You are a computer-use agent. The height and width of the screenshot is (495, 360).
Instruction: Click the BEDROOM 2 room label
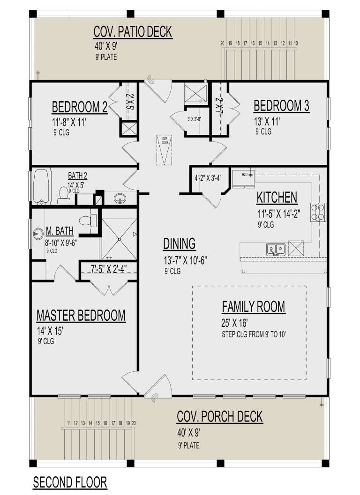click(x=79, y=107)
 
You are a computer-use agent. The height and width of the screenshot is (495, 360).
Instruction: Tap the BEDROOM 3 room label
click(x=281, y=106)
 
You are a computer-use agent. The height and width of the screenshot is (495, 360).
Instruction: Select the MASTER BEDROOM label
click(x=81, y=315)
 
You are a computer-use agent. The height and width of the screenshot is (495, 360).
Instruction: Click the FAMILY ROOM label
click(x=253, y=307)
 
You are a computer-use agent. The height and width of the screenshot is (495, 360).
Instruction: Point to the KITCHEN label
click(x=277, y=198)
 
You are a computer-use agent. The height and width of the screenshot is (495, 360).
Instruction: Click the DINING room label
click(x=179, y=244)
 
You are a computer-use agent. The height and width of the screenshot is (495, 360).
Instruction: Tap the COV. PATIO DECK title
click(x=133, y=32)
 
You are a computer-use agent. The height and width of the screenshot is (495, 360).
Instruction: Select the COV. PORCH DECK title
click(x=219, y=416)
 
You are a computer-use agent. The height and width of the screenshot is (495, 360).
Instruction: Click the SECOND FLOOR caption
click(x=70, y=482)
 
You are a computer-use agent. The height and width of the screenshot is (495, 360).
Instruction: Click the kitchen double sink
click(x=276, y=249)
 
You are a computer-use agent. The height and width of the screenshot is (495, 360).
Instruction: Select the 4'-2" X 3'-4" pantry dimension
click(x=210, y=178)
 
